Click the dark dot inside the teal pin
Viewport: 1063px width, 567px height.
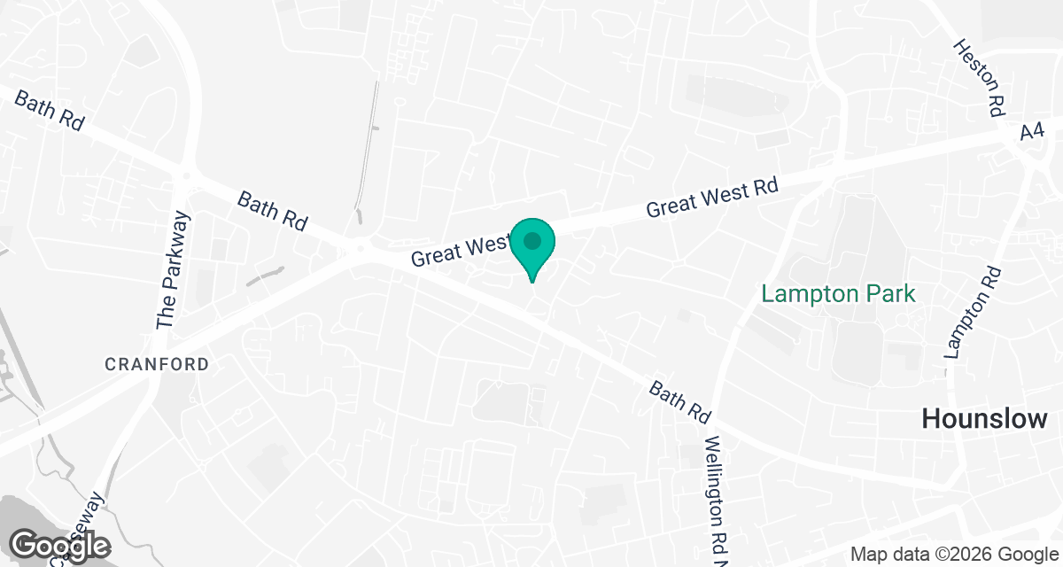[x=532, y=240]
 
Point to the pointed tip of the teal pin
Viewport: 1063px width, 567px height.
[x=532, y=282]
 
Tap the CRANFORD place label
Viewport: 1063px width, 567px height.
[x=157, y=364]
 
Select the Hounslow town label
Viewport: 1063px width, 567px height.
[x=984, y=418]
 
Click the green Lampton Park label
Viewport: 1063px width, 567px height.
[x=838, y=293]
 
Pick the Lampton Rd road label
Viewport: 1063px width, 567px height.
[x=973, y=312]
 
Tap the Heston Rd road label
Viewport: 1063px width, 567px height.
[x=979, y=78]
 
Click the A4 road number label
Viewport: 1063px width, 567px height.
[x=1032, y=131]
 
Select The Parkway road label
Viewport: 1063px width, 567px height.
[x=174, y=271]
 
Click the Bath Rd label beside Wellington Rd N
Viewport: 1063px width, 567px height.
[x=680, y=400]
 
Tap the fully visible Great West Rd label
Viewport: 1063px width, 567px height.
[x=712, y=198]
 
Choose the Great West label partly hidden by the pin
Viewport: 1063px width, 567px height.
[x=459, y=248]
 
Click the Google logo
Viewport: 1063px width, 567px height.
[x=60, y=545]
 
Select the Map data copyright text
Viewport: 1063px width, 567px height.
[x=955, y=555]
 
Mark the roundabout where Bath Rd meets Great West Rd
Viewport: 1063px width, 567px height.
[x=360, y=249]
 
